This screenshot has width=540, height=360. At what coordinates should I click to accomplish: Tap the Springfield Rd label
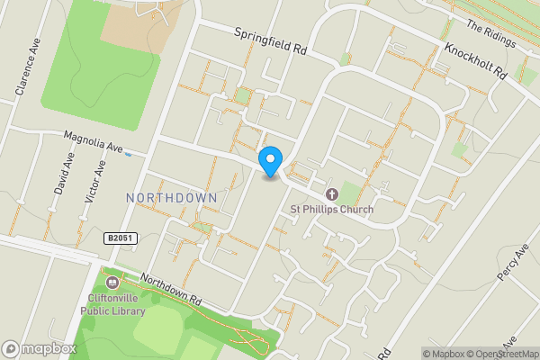tap(271, 42)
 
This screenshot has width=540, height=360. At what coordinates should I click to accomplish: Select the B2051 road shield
tap(120, 238)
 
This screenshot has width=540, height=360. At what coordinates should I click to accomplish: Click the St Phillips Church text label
tap(331, 210)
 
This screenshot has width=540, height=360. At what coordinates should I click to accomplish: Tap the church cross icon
tap(331, 193)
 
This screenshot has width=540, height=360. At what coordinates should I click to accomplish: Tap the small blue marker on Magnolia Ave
tap(129, 153)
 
